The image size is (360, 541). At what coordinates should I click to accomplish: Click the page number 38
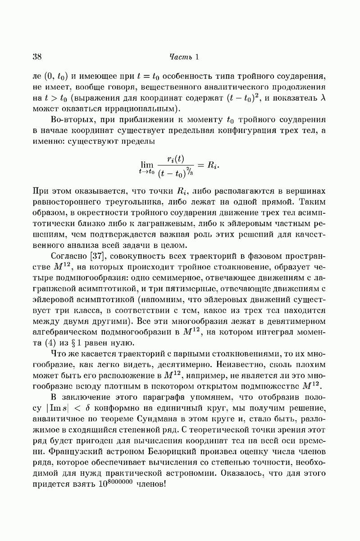[x=37, y=57]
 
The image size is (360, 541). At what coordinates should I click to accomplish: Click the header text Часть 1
[x=184, y=57]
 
